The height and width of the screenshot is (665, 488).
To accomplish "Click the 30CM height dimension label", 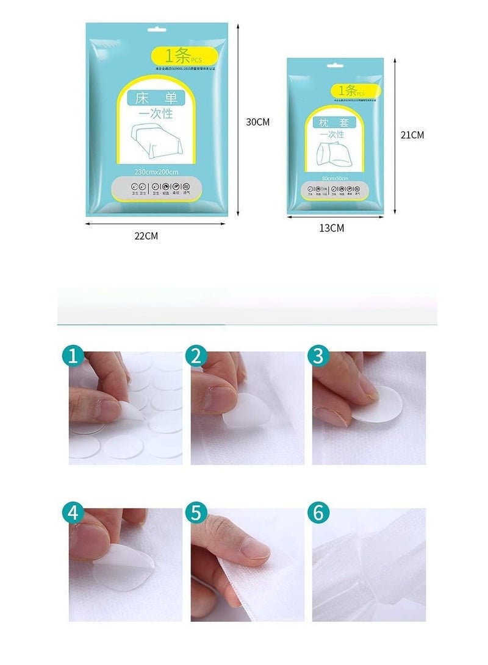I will (257, 122).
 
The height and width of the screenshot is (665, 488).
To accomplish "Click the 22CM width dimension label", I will (146, 236).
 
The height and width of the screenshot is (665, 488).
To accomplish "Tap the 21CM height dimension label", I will (412, 135).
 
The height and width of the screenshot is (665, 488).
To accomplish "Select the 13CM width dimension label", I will (331, 228).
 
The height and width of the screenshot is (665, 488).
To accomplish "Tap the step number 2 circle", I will (196, 356).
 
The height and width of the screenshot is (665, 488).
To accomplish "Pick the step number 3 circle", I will (317, 356).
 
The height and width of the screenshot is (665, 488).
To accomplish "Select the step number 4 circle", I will (74, 513).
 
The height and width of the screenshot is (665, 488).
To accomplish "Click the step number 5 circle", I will (196, 513).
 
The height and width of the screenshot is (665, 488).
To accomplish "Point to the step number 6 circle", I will (317, 513).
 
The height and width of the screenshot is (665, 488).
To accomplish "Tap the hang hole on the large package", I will (157, 31).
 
